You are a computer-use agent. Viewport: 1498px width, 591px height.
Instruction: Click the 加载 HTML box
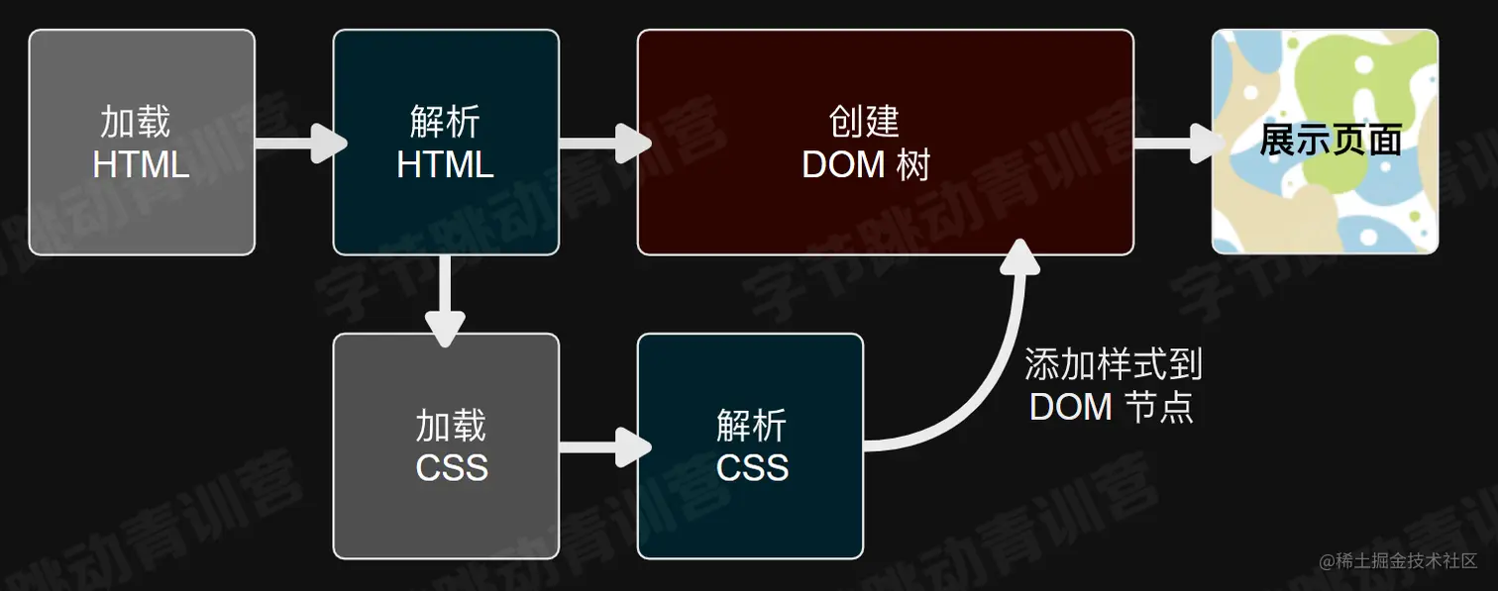[142, 143]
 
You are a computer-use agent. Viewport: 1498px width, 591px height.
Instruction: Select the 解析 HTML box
[446, 143]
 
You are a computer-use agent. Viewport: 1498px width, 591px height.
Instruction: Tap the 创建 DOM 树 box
[885, 143]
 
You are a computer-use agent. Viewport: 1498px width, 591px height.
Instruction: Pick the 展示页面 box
[1325, 143]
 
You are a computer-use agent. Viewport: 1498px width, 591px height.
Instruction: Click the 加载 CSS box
[446, 446]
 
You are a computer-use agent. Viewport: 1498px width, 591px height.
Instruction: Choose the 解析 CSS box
[750, 446]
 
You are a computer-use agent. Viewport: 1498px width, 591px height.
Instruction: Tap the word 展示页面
[1330, 141]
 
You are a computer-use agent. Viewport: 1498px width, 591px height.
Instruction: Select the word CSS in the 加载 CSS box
[452, 467]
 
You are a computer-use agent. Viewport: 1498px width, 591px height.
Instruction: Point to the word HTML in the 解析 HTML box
[445, 164]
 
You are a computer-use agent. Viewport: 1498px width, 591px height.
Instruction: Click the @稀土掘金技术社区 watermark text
[1398, 561]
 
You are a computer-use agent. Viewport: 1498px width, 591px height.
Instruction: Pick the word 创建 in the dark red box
[864, 122]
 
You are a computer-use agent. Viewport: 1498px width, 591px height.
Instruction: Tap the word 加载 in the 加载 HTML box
[136, 122]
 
